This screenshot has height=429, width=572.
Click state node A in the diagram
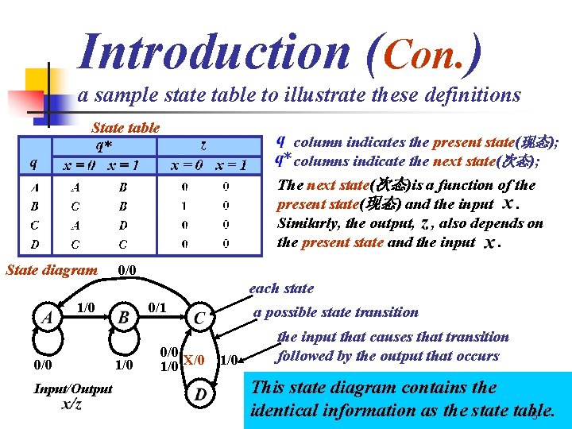pos(48,317)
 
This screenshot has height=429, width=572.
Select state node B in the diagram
pos(123,318)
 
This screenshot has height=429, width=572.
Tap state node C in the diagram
pos(200,318)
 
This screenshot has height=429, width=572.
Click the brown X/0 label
pos(194,360)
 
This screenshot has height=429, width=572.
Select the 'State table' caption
pos(126,127)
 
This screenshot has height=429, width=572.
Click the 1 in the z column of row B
pos(184,205)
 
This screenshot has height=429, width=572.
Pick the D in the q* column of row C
pos(122,225)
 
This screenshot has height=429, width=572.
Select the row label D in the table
pos(34,244)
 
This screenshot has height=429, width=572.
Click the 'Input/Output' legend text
pos(73,388)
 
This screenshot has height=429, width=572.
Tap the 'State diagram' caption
pos(52,270)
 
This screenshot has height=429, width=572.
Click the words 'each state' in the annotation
pos(281,288)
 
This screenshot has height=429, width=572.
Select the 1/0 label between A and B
pos(85,307)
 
